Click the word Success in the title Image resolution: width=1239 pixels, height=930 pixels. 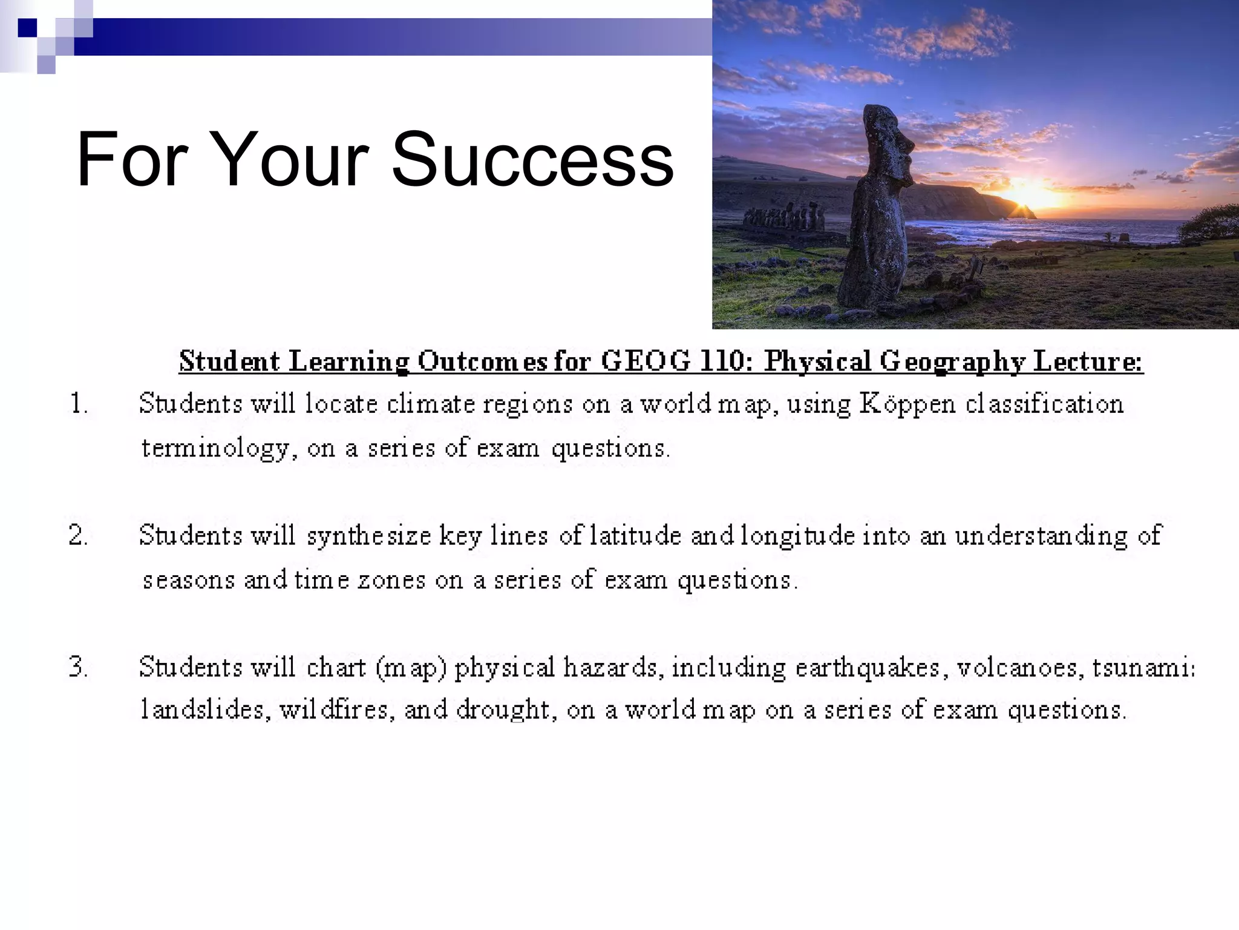(x=532, y=160)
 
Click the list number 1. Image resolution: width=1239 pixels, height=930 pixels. (x=79, y=404)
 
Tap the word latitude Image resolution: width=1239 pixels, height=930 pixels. (x=635, y=536)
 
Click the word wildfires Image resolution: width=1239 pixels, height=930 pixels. (x=333, y=710)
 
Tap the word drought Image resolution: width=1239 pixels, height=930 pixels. (x=506, y=710)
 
